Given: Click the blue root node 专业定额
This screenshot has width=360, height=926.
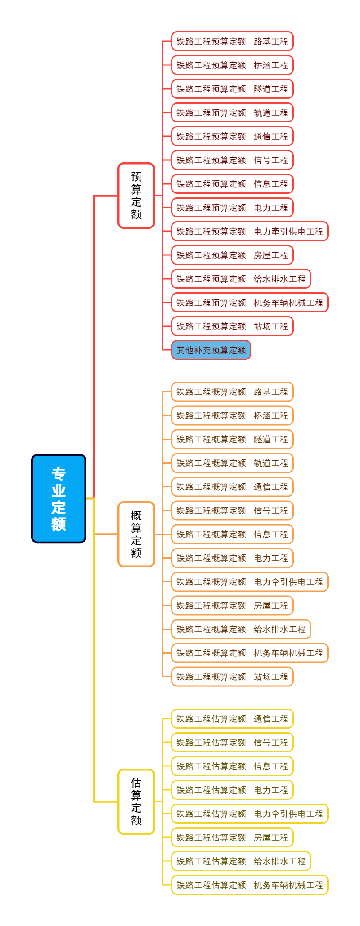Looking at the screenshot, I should tap(59, 499).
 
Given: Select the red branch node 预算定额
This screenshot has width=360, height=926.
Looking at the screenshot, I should tap(136, 195).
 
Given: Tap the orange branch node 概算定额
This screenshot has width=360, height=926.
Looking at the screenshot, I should tap(136, 534).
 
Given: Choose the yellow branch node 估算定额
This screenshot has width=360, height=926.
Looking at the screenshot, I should tap(136, 801).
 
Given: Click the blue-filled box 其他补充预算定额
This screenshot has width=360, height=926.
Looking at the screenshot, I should tap(211, 350).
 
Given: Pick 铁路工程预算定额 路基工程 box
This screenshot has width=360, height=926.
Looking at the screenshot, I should tap(232, 41).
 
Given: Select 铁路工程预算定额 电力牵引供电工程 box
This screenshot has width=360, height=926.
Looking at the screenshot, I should tap(250, 231).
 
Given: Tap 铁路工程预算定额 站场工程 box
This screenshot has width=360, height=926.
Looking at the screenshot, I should tap(232, 326).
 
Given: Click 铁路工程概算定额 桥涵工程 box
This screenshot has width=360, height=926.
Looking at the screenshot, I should tap(232, 415).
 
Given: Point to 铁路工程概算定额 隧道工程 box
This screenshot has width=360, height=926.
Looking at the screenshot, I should tap(232, 439).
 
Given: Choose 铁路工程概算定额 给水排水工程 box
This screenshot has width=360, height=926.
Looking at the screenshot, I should tap(241, 629).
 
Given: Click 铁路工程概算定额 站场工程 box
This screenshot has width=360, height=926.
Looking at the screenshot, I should tap(232, 676).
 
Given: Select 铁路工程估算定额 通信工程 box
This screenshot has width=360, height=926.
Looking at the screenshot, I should tap(232, 719).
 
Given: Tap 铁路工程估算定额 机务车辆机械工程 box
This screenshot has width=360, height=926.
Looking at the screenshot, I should tap(250, 885).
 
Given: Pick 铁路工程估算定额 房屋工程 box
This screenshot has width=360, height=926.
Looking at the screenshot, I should tap(232, 837).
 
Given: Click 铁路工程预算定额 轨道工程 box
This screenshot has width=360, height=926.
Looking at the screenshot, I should tap(232, 112).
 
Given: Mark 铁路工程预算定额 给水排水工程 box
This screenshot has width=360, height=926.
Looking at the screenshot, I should tap(241, 279).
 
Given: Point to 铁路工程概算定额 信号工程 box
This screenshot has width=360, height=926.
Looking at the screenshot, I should tap(232, 510).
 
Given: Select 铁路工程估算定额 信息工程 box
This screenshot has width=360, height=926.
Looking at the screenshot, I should tap(232, 766).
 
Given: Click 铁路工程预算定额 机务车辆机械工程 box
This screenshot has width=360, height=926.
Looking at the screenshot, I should tap(250, 302).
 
